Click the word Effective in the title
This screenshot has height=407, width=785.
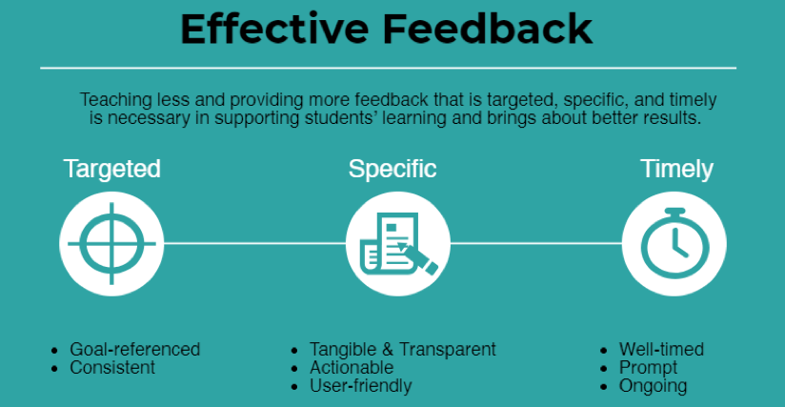click(275, 29)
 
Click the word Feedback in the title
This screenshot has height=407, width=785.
click(488, 29)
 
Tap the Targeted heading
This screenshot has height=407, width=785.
click(112, 170)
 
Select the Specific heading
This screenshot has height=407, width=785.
click(392, 170)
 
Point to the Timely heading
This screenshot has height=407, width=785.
click(676, 170)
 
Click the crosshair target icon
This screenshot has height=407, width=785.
click(111, 244)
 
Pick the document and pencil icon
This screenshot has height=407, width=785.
click(398, 244)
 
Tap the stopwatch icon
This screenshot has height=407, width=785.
click(674, 243)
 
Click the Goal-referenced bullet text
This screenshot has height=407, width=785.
click(134, 349)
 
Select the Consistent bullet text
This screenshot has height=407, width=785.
click(112, 368)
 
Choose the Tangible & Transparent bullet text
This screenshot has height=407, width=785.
click(403, 349)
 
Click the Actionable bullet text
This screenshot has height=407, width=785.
click(352, 368)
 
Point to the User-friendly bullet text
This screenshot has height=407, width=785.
click(360, 386)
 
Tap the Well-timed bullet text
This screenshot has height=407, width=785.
click(661, 349)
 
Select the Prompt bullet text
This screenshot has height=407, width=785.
click(648, 368)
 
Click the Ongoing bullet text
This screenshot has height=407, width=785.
click(653, 386)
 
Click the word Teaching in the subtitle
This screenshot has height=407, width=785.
click(115, 100)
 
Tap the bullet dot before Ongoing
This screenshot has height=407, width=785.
click(603, 387)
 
